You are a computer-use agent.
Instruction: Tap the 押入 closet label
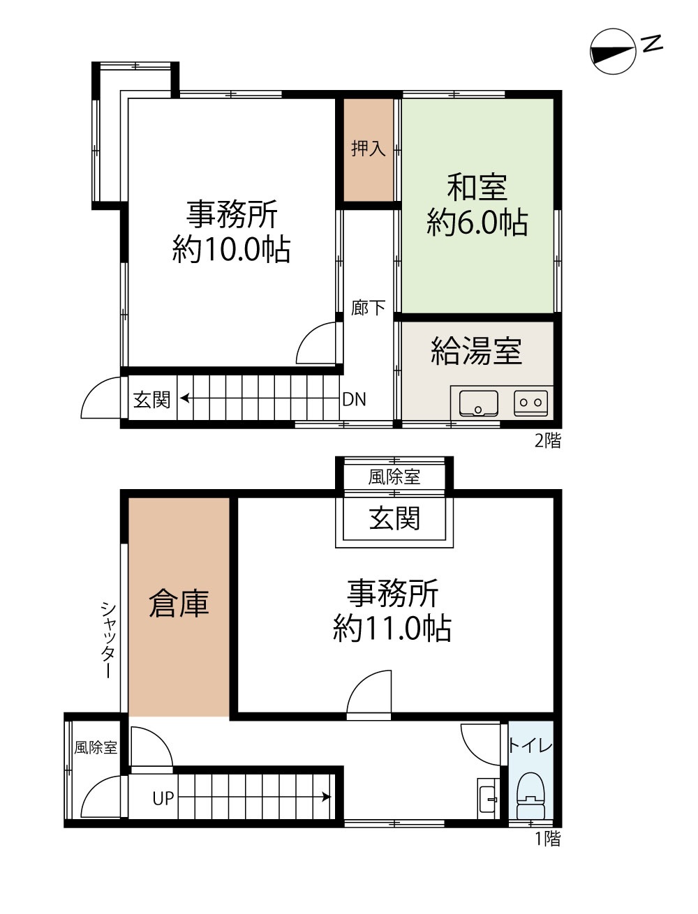(368, 149)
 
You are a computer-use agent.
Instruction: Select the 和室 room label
(477, 188)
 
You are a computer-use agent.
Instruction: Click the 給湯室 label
(476, 351)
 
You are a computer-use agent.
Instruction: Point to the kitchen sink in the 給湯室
(479, 403)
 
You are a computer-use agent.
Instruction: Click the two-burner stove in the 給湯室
(530, 403)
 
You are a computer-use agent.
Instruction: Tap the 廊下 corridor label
(368, 308)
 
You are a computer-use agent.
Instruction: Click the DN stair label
(354, 399)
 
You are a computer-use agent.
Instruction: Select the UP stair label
(163, 798)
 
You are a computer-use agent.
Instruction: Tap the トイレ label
(530, 745)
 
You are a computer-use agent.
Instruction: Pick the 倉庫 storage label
(179, 603)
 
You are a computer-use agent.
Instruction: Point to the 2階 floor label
(548, 440)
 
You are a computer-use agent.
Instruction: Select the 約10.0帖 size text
(232, 249)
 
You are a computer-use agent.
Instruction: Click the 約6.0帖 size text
(477, 223)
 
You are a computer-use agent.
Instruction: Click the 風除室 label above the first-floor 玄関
(394, 477)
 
